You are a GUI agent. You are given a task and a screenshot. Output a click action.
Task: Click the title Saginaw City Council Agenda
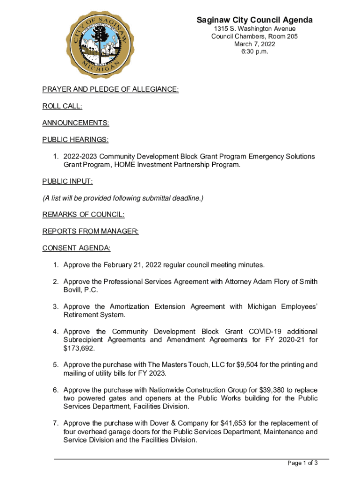254,20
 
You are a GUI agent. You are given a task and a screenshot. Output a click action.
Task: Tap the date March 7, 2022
254,44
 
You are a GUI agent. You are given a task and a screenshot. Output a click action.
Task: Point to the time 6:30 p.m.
254,52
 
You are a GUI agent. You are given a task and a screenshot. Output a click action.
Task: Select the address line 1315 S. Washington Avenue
254,29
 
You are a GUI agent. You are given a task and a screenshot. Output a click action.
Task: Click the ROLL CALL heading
62,106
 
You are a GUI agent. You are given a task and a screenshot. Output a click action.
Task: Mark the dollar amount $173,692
79,348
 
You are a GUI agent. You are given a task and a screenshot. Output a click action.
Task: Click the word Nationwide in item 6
167,390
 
